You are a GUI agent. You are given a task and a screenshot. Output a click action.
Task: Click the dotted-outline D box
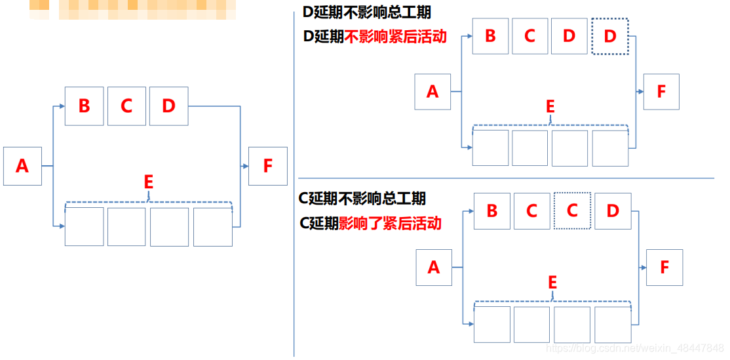click(x=610, y=36)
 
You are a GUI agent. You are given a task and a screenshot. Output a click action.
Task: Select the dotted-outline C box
click(x=572, y=210)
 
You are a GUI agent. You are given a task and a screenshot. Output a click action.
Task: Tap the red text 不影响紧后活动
click(x=395, y=37)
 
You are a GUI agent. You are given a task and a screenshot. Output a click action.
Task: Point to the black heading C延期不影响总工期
click(x=362, y=198)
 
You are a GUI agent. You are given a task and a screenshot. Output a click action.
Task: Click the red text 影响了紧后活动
click(x=390, y=223)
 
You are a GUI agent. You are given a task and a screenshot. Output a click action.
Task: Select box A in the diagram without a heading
click(x=22, y=167)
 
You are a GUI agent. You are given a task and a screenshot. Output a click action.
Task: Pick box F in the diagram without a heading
click(x=267, y=166)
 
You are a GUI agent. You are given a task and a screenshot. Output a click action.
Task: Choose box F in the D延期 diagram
click(x=661, y=92)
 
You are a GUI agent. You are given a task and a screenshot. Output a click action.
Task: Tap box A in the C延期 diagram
click(x=434, y=268)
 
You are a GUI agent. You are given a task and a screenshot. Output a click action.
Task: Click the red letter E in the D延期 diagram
click(x=550, y=107)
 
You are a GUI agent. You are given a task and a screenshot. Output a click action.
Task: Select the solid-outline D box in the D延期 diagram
click(x=569, y=36)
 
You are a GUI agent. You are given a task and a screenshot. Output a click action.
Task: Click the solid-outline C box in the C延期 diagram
click(x=531, y=210)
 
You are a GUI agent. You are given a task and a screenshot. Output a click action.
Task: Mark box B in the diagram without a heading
click(x=84, y=106)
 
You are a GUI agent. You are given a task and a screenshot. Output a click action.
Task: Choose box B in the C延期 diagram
click(x=492, y=210)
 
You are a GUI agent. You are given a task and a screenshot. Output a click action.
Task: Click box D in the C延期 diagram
click(x=613, y=210)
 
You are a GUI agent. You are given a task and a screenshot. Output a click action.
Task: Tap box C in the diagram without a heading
click(x=126, y=106)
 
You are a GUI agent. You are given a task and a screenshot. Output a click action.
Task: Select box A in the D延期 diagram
click(x=432, y=92)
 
